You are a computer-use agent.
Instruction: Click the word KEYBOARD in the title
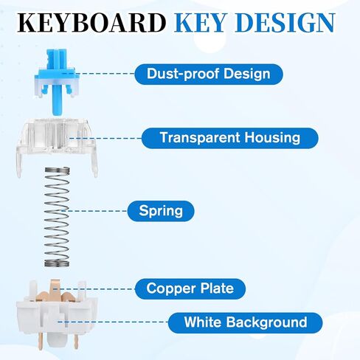tap(91, 23)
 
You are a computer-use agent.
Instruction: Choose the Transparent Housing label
tap(229, 137)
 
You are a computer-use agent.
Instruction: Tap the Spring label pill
tap(160, 212)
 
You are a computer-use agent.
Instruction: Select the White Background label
tap(246, 322)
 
